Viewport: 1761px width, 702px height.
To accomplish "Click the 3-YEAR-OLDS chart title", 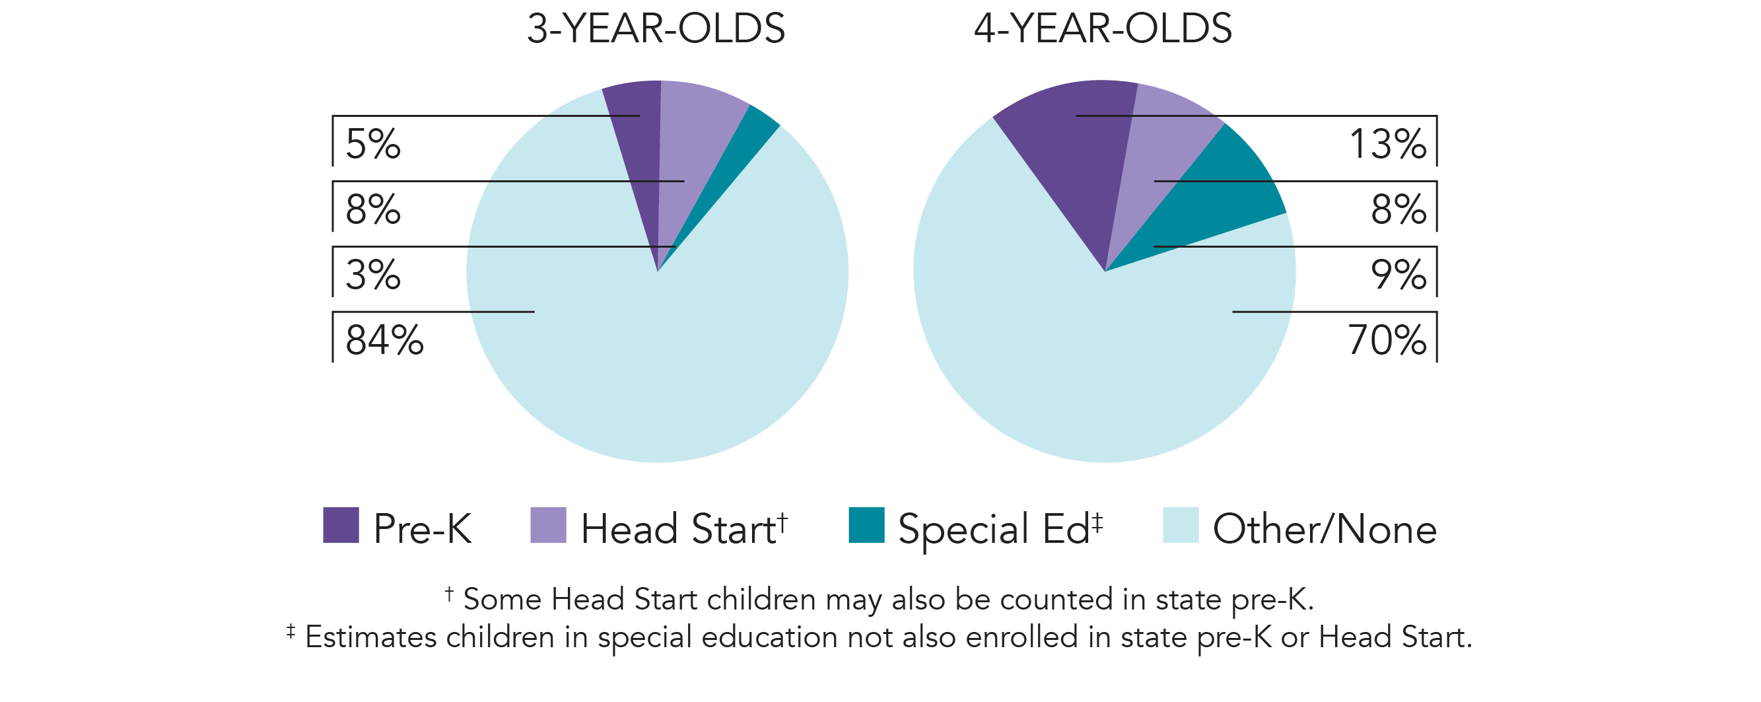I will point(656,28).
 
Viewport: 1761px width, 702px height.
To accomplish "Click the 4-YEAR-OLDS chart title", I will point(1103,28).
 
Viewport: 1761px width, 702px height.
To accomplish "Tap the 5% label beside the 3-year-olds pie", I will point(372,144).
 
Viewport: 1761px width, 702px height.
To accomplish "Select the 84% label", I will point(384,340).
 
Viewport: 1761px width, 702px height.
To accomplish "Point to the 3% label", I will point(372,275).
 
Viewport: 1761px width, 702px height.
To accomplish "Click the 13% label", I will point(1387,144).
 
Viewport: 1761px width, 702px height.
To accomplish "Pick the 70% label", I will point(1387,340).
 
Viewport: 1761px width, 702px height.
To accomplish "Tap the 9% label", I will point(1398,275).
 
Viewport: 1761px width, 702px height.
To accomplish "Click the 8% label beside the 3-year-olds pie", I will point(372,209).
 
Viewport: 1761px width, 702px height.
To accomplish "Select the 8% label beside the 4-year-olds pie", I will point(1398,209).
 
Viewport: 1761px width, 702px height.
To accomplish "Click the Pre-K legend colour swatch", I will point(341,525).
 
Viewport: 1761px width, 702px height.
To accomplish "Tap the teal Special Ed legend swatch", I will point(866,525).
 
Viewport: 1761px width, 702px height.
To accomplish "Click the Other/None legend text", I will point(1324,528).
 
